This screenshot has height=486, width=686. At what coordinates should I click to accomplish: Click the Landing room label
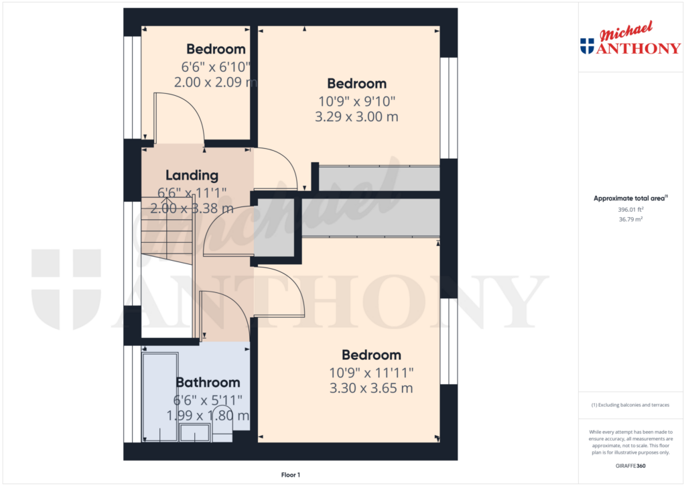pyautogui.click(x=192, y=176)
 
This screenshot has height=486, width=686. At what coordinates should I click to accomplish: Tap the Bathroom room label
pyautogui.click(x=208, y=383)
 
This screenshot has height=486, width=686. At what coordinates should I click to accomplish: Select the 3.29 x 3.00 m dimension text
pyautogui.click(x=356, y=117)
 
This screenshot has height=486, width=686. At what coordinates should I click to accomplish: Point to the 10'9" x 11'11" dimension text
pyautogui.click(x=371, y=373)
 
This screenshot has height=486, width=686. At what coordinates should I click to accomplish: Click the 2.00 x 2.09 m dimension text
pyautogui.click(x=216, y=82)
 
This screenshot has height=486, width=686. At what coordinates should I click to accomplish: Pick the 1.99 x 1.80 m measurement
pyautogui.click(x=208, y=416)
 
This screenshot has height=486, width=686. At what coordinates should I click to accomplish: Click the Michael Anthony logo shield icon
pyautogui.click(x=587, y=46)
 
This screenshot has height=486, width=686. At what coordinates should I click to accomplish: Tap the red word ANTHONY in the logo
pyautogui.click(x=638, y=48)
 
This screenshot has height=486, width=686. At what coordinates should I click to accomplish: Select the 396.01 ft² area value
pyautogui.click(x=630, y=210)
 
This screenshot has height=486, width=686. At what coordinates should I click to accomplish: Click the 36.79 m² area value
pyautogui.click(x=630, y=219)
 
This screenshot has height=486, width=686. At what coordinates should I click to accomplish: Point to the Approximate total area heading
pyautogui.click(x=630, y=198)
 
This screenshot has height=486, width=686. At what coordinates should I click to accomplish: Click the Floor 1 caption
pyautogui.click(x=291, y=475)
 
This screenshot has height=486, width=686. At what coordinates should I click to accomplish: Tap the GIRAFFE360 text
pyautogui.click(x=630, y=466)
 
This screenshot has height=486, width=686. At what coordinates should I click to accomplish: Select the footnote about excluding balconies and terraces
pyautogui.click(x=630, y=405)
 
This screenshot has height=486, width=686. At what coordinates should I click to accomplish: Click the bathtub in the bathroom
pyautogui.click(x=160, y=397)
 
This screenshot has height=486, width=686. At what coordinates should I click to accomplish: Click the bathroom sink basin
pyautogui.click(x=195, y=433)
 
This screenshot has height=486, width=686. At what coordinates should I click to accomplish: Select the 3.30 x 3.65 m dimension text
pyautogui.click(x=371, y=388)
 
